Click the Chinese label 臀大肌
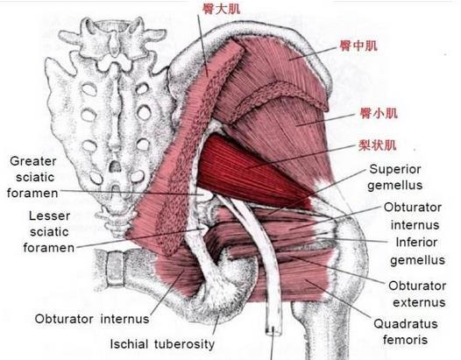221,9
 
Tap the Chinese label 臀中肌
358,46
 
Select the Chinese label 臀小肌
379,113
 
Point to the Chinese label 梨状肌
377,145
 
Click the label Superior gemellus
395,177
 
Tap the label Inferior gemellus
417,251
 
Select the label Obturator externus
418,294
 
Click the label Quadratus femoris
406,332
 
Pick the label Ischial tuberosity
162,344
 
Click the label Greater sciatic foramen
32,177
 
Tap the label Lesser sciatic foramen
49,232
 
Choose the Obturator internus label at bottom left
92,319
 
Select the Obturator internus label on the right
413,216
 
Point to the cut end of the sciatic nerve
273,330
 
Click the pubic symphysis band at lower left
116,268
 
